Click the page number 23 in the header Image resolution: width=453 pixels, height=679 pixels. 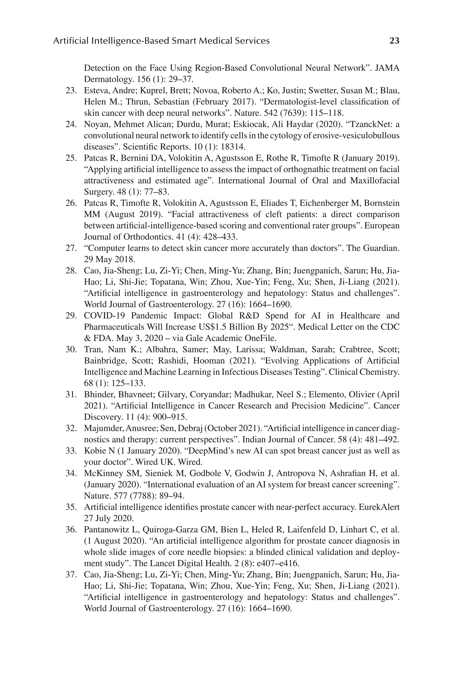point(394,41)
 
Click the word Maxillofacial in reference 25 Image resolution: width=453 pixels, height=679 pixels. point(375,180)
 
